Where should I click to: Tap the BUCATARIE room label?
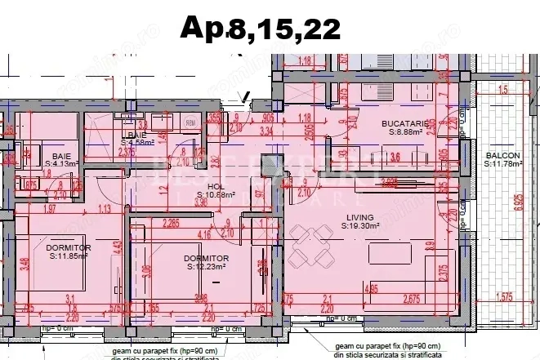[x=404, y=123]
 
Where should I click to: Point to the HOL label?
[x=216, y=186]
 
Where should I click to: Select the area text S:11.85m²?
[x=68, y=256]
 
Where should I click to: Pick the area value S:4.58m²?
[x=135, y=143]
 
